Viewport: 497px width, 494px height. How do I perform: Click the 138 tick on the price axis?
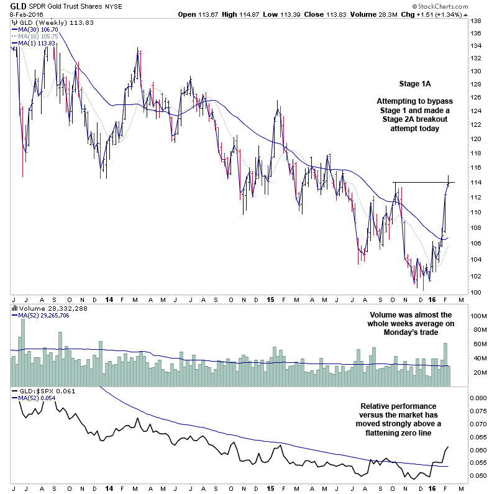coord(475,21)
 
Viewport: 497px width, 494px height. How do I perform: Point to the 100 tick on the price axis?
coord(475,292)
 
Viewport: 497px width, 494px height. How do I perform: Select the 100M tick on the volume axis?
coord(478,316)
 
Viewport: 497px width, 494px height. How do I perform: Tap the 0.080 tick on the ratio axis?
coord(478,398)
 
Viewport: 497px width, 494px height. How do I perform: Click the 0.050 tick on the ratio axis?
coord(478,476)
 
